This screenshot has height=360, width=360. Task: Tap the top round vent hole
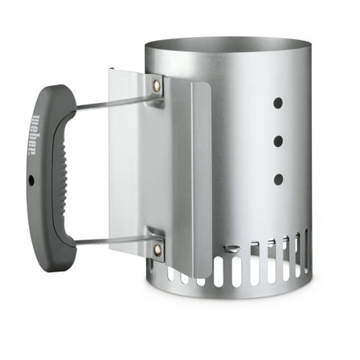[278, 104]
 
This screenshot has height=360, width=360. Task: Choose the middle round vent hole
[278, 141]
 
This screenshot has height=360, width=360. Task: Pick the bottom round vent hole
[278, 178]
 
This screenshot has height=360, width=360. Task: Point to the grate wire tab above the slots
[231, 248]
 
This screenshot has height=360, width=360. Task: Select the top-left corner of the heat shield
[111, 71]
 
